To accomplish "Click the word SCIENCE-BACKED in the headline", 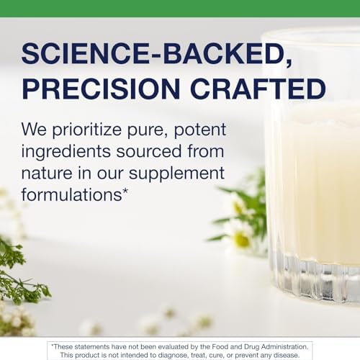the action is coord(153,53).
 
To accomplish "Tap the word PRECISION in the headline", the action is coord(101,89).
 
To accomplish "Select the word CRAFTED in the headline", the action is coord(258,89).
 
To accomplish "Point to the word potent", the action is coord(199,130).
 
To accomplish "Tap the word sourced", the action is coord(149,152).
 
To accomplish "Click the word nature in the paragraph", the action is coord(47,174).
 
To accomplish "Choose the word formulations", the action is coord(72,194).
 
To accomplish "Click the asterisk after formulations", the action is coord(125,192).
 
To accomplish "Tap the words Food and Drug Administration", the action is coord(260,347).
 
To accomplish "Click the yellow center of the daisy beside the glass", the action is coord(241,239).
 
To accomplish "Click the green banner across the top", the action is coord(180,9).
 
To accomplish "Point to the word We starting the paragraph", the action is coord(34,130).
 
